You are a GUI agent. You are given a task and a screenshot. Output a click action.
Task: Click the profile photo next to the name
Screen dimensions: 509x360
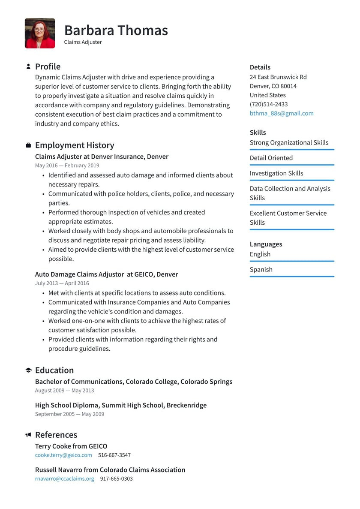click(x=40, y=33)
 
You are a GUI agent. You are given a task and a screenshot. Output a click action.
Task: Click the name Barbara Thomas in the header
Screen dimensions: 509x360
click(x=116, y=30)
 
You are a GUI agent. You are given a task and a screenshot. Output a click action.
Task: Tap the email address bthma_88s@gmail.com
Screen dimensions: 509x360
click(x=282, y=113)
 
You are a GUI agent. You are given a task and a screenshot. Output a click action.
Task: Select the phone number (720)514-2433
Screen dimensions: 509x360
click(x=269, y=104)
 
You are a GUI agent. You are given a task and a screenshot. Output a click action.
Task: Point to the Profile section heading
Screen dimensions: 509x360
click(x=48, y=66)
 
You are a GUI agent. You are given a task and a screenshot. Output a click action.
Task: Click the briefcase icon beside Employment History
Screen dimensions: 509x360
click(x=28, y=145)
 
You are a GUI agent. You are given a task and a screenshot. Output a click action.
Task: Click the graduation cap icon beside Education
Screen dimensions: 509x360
click(x=28, y=370)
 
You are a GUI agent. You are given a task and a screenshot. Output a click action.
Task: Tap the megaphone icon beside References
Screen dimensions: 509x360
click(x=28, y=435)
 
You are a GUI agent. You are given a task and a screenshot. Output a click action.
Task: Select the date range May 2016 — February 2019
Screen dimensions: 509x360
click(x=67, y=166)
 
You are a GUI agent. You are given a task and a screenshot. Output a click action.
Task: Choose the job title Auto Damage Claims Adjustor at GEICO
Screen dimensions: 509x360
click(x=106, y=274)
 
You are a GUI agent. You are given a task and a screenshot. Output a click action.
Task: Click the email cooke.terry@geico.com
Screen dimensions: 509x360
click(x=63, y=455)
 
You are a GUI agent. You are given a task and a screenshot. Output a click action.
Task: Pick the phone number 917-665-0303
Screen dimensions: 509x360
click(x=116, y=479)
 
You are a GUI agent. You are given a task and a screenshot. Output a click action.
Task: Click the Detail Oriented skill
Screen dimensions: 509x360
click(x=271, y=158)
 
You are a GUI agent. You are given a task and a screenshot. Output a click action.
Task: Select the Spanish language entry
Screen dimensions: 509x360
click(x=261, y=270)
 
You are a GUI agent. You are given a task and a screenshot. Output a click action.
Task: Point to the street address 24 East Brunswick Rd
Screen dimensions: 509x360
click(x=278, y=77)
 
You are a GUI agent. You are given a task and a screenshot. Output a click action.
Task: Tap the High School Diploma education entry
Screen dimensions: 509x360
click(x=120, y=405)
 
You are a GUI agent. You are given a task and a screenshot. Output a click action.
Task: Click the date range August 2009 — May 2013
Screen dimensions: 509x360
click(x=64, y=391)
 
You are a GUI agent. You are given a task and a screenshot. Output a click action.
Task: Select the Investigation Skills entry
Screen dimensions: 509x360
click(x=276, y=173)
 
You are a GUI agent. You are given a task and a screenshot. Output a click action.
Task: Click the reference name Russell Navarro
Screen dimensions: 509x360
click(x=59, y=470)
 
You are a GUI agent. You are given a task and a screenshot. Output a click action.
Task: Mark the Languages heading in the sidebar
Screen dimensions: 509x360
click(x=266, y=244)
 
